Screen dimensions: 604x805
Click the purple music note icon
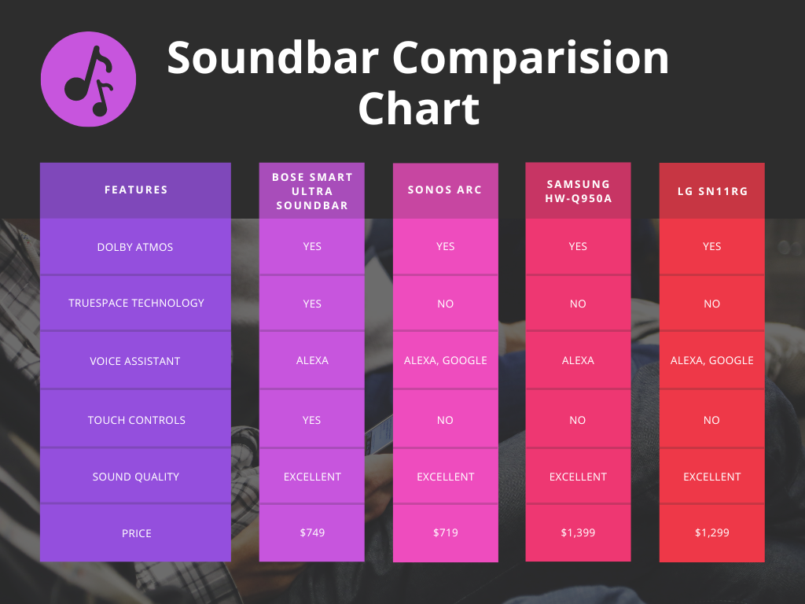point(88,79)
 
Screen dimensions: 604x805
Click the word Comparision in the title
point(531,57)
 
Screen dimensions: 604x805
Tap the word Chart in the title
point(418,109)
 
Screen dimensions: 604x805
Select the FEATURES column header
point(136,190)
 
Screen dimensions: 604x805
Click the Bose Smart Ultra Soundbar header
point(312,191)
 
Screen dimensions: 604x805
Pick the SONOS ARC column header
point(445,190)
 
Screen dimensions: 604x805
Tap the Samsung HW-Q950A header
point(578,191)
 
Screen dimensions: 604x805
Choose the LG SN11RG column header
point(711,190)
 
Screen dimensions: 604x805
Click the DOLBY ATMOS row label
point(135,247)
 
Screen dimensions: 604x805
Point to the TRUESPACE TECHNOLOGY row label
point(136,303)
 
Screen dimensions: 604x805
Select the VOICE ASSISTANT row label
point(135,361)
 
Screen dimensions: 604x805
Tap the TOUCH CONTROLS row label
point(136,420)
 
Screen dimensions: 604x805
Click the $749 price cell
point(312,532)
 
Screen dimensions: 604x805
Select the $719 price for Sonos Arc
point(445,532)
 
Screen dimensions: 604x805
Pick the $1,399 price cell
point(578,532)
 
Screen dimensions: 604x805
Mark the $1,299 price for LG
point(711,532)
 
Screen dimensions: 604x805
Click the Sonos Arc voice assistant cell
point(445,360)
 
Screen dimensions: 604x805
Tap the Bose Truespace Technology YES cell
point(312,304)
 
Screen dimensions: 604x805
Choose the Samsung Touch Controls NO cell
point(578,420)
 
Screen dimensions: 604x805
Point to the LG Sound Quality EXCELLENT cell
point(711,477)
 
